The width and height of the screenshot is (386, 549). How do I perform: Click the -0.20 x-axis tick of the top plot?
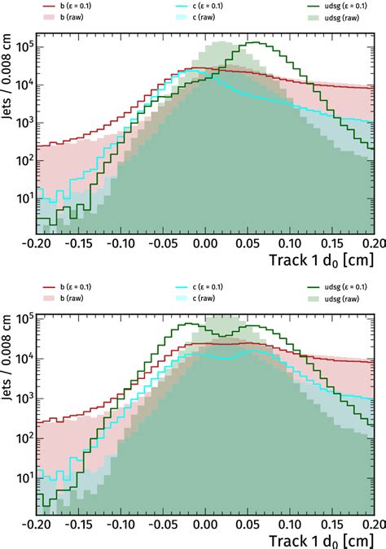pos(36,242)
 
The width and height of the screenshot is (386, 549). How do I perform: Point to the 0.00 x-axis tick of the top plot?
pos(205,242)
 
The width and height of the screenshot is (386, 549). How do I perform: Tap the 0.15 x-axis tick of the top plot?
pos(331,242)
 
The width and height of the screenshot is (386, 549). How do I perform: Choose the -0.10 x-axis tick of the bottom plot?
pos(120,525)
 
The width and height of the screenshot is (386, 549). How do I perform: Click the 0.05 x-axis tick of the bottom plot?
pos(248,525)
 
